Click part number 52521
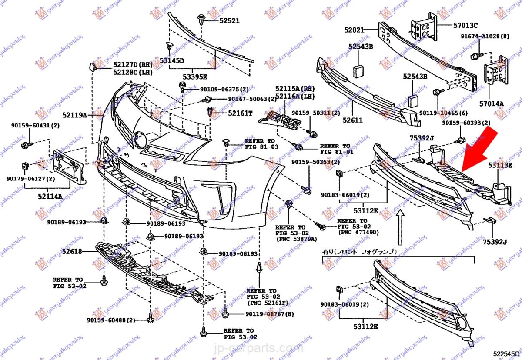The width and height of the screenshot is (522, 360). (230, 20)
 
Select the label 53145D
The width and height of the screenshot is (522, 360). (171, 60)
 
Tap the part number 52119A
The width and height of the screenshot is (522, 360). (74, 115)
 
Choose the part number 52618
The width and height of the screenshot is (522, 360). (72, 251)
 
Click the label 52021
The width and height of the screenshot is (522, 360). (354, 30)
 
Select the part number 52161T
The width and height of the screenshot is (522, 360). (240, 113)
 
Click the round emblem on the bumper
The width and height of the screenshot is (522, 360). (140, 139)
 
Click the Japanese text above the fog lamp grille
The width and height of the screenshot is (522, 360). (359, 251)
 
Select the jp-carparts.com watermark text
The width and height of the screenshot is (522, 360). (261, 348)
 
